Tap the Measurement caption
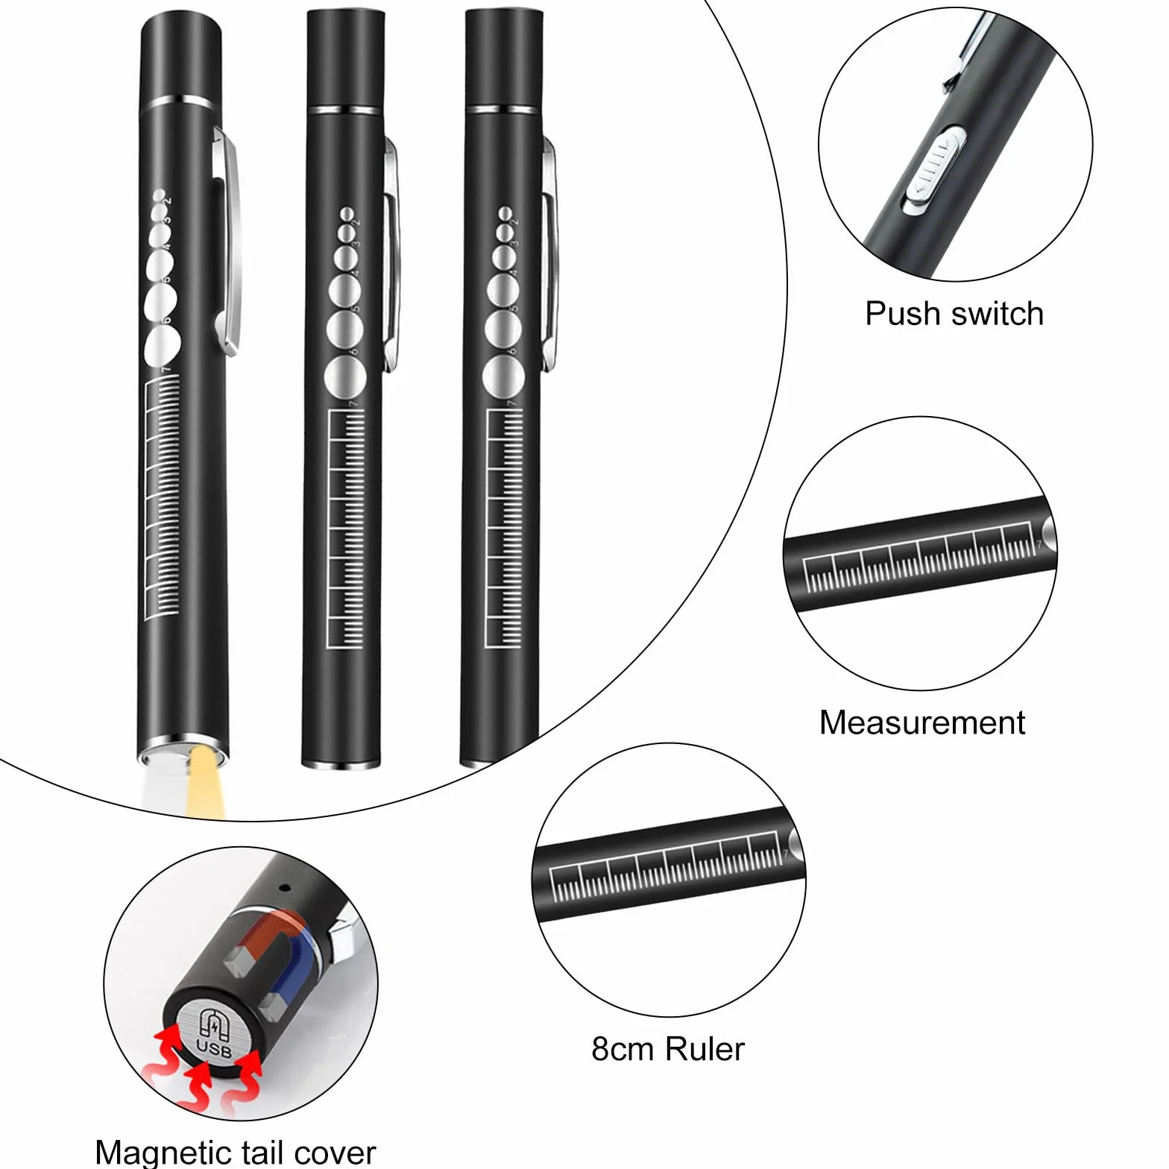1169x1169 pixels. click(922, 722)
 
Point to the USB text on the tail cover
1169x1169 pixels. click(214, 1047)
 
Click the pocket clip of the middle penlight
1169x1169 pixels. click(391, 253)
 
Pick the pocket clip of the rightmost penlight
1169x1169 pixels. click(549, 253)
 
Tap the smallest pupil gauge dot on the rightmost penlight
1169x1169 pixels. click(505, 214)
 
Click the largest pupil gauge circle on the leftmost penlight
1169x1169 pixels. click(163, 345)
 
